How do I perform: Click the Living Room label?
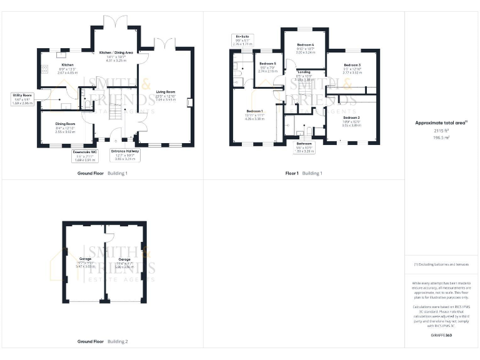(x=166, y=95)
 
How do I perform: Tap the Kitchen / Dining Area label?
(x=116, y=56)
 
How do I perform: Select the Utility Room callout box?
(x=22, y=98)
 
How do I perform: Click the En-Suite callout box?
(x=242, y=41)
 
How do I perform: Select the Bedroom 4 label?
(x=305, y=49)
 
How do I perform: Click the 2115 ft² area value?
(x=441, y=131)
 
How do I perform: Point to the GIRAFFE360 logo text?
(x=441, y=336)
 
